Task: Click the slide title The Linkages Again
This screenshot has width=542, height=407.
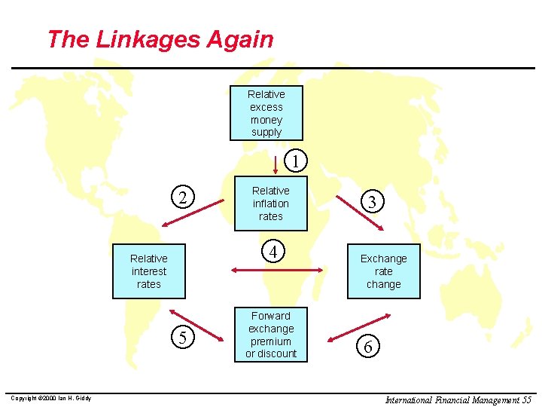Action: pos(160,39)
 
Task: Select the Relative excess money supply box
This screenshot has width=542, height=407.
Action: pos(266,113)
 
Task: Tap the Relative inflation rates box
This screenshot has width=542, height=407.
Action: pos(270,203)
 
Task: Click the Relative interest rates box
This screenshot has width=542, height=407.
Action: pos(148,271)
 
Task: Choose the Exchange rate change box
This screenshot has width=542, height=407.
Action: pos(383,271)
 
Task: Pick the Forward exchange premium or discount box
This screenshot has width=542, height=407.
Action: pos(270,335)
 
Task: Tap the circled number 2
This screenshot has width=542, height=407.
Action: pos(182,197)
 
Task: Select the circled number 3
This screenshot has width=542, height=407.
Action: pos(370,202)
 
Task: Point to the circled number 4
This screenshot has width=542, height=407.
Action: pos(273,251)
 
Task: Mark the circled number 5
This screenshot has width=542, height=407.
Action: pos(182,337)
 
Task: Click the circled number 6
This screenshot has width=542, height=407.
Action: pos(367,347)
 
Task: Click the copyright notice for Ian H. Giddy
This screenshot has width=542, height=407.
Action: pos(50,398)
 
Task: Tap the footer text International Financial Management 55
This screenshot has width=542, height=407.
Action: pos(458,399)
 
